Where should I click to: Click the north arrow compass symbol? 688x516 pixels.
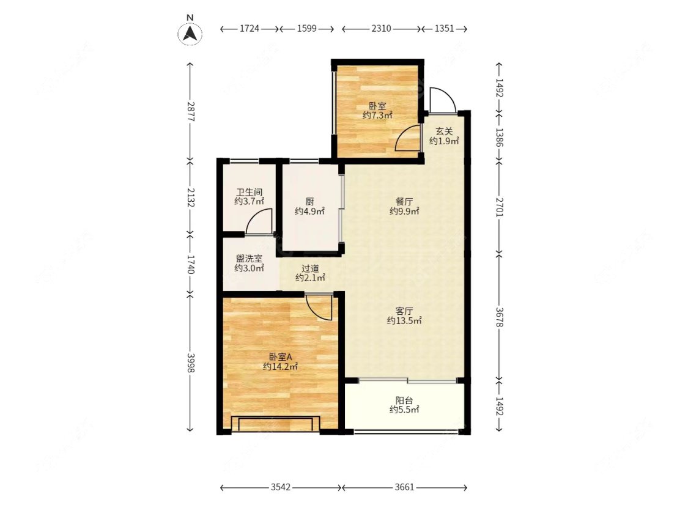(x=190, y=34)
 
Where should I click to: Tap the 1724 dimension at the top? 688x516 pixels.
(x=250, y=29)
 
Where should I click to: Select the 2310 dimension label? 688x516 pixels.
(x=381, y=29)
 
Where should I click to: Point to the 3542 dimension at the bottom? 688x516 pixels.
(x=280, y=487)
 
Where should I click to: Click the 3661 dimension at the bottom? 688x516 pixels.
(x=404, y=487)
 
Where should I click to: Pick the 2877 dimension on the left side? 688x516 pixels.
(x=190, y=111)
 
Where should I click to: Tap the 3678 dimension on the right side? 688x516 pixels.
(x=499, y=317)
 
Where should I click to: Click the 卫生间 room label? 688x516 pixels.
(x=250, y=192)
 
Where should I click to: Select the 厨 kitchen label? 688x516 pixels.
(x=310, y=202)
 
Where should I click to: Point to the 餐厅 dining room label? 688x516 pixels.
(x=404, y=202)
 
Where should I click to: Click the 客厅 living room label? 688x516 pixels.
(x=404, y=311)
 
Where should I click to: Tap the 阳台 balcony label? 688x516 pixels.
(x=404, y=400)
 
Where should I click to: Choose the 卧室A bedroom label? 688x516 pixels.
(x=280, y=357)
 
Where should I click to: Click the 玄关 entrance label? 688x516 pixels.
(x=444, y=131)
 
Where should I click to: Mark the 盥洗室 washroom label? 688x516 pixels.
(x=250, y=259)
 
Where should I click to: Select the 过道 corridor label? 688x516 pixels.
(x=310, y=268)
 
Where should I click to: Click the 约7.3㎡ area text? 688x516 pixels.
(x=377, y=116)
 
